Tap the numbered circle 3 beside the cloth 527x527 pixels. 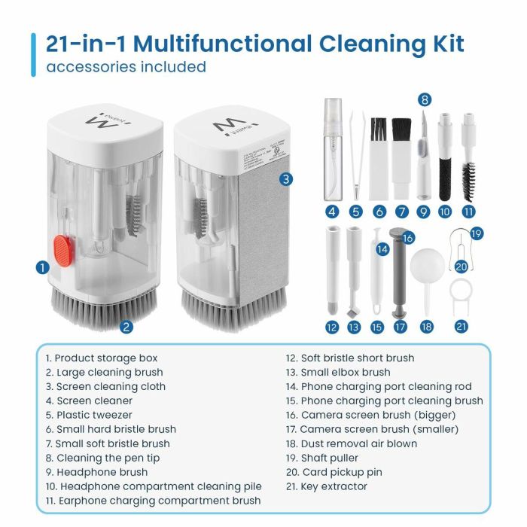[286, 179]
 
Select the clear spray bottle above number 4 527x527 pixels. [332, 147]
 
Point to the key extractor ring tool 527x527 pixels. [462, 294]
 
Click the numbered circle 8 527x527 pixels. [425, 99]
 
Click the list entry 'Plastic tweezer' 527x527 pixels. [89, 415]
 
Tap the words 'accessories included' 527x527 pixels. [126, 67]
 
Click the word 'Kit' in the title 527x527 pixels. [443, 44]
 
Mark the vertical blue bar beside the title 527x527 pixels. [33, 54]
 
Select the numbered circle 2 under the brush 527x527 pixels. [126, 327]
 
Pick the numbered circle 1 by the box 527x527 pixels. [43, 267]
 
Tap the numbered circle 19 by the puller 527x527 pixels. [476, 234]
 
